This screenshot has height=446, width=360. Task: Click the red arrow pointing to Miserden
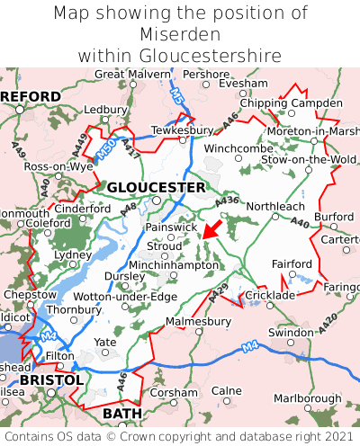(212, 229)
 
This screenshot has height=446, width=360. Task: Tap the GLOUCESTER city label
(157, 187)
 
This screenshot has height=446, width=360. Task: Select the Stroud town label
(164, 245)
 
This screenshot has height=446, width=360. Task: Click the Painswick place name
(171, 227)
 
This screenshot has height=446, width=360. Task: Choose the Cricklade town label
(270, 295)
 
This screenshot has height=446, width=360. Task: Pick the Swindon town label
(291, 333)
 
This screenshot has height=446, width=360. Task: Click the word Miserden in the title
(180, 35)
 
